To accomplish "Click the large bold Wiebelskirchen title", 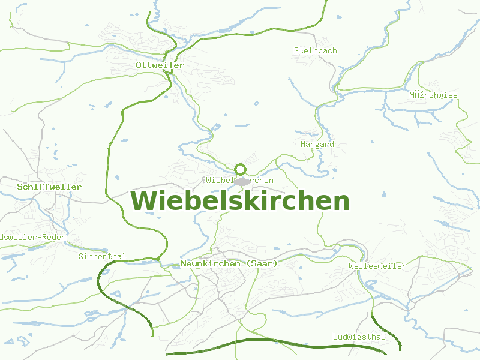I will click(x=240, y=201).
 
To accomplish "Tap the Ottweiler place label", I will click(x=160, y=65).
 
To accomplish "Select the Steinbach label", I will click(x=315, y=51).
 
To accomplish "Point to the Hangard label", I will click(x=317, y=145).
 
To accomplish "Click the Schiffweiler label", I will click(x=49, y=187).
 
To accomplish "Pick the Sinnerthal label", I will click(x=102, y=256).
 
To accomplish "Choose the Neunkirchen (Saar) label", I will click(x=229, y=263).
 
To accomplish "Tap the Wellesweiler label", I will click(x=377, y=266).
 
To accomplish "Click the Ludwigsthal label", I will click(x=359, y=337).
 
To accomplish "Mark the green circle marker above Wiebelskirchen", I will click(x=241, y=169).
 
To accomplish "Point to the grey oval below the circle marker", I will click(x=242, y=181).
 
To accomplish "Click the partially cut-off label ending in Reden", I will click(x=33, y=237).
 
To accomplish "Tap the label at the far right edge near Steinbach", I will click(x=433, y=95).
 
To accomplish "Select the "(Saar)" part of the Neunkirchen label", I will click(x=262, y=263).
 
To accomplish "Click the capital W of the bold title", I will click(x=144, y=201).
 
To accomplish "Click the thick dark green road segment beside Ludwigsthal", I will click(x=393, y=333).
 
